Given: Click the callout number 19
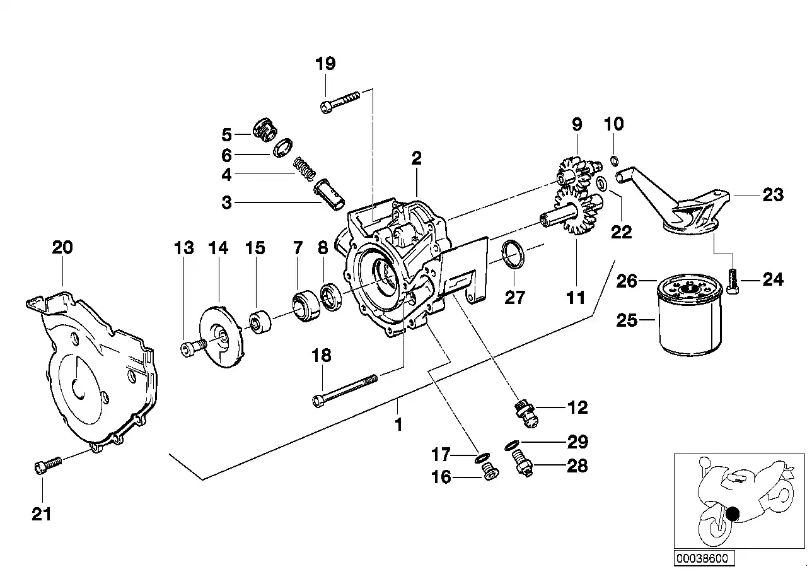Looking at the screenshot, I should [325, 64].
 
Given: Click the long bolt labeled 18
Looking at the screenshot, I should [345, 389].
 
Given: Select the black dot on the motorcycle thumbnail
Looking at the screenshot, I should [731, 514].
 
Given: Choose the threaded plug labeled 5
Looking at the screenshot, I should [265, 129].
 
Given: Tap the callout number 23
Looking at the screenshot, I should [772, 195].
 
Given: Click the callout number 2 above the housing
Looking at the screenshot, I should [416, 158].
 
